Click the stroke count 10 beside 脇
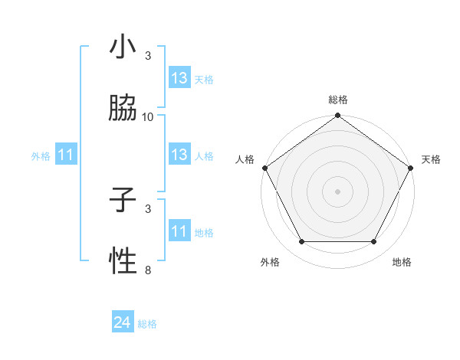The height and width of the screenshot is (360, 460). tap(148, 116)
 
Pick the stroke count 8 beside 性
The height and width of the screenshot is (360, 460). tap(148, 270)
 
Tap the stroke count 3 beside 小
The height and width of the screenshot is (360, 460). tap(148, 55)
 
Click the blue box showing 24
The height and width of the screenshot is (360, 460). tap(123, 323)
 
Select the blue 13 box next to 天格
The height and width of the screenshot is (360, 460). tap(179, 78)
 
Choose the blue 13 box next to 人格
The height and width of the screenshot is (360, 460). tap(179, 155)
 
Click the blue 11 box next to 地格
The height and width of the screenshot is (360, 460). tap(179, 231)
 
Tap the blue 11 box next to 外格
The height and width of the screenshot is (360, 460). tap(66, 155)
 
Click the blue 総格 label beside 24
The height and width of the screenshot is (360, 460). tap(147, 324)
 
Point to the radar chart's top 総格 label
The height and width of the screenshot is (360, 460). tap(338, 100)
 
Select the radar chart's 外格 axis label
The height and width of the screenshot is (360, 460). tap(269, 262)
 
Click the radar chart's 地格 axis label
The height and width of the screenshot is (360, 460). tap(402, 262)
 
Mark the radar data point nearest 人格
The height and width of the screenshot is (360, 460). tap(264, 168)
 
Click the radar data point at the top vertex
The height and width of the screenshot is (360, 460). tap(338, 116)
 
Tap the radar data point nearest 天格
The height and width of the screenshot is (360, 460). tap(412, 168)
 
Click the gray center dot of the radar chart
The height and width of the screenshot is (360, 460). tap(338, 191)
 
